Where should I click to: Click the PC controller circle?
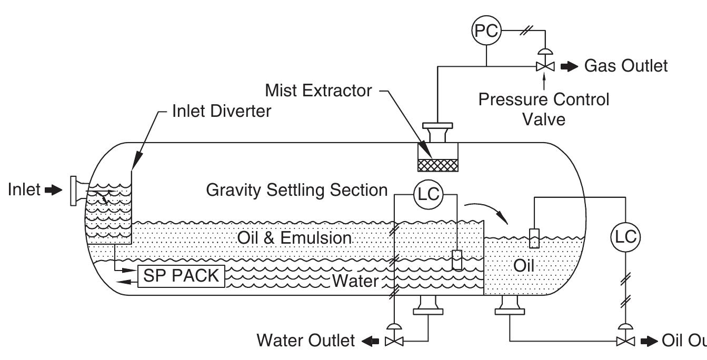click(485, 31)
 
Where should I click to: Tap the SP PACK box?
click(181, 276)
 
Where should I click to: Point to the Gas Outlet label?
click(626, 66)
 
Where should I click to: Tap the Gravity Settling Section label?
click(297, 190)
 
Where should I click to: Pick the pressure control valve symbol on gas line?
click(545, 66)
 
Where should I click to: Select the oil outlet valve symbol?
click(624, 341)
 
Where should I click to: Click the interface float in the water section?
click(457, 260)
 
